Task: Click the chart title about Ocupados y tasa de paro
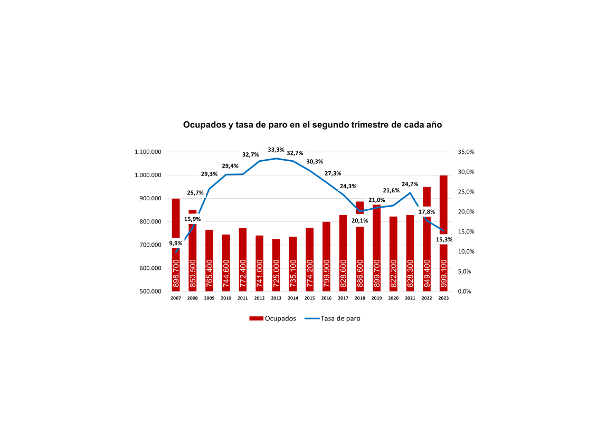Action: pyautogui.click(x=312, y=125)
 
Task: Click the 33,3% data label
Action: pyautogui.click(x=276, y=150)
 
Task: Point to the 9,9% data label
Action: pyautogui.click(x=176, y=243)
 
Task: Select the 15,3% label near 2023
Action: pyautogui.click(x=444, y=239)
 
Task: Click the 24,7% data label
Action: pyautogui.click(x=410, y=184)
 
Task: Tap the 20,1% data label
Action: pyautogui.click(x=359, y=220)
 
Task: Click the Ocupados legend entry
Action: pyautogui.click(x=272, y=318)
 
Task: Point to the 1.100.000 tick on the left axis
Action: pyautogui.click(x=148, y=152)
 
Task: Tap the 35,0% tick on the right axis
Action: pyautogui.click(x=467, y=152)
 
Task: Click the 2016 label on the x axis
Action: pyautogui.click(x=326, y=298)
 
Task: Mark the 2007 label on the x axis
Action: pyautogui.click(x=176, y=298)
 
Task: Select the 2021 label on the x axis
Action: pyautogui.click(x=410, y=298)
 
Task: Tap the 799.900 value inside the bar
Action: pyautogui.click(x=326, y=274)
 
